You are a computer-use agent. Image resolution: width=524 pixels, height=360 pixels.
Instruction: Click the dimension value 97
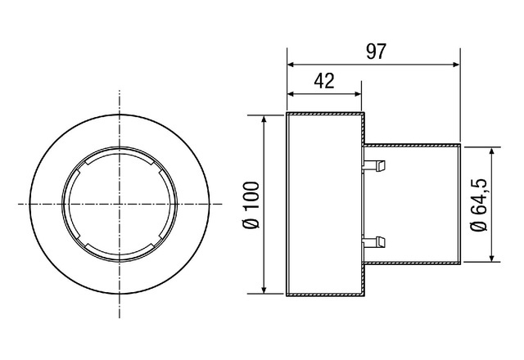(376, 52)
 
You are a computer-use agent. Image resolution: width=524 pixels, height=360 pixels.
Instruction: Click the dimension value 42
(324, 81)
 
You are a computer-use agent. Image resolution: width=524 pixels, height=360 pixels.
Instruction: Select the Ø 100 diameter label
(251, 205)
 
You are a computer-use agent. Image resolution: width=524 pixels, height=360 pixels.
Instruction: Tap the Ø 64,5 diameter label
(479, 205)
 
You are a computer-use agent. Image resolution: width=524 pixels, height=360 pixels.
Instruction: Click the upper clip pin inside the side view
(374, 165)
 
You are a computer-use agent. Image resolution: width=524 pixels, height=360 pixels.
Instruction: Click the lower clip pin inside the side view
(374, 242)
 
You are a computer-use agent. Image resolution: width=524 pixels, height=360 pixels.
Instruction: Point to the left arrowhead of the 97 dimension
(291, 65)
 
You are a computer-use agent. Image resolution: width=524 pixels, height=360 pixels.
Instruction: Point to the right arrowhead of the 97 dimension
(456, 65)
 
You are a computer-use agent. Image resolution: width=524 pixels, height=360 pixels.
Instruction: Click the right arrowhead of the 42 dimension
(358, 94)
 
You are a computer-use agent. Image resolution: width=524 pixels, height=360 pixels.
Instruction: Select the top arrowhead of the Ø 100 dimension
(264, 119)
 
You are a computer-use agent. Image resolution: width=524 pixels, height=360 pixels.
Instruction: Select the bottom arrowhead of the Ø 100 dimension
(264, 290)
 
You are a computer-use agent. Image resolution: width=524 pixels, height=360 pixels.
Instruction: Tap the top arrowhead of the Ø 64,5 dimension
(491, 151)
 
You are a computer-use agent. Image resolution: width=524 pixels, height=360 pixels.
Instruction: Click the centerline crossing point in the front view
(120, 204)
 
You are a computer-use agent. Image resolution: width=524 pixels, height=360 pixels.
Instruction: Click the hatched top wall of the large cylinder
(325, 115)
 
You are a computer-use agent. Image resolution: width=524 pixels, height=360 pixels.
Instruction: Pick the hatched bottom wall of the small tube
(412, 263)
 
